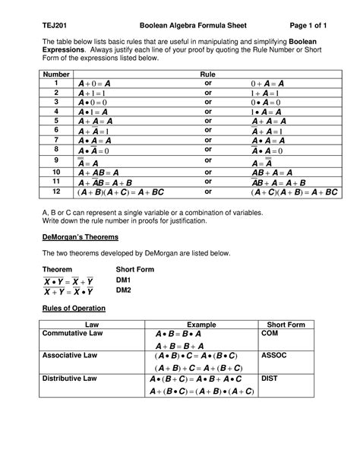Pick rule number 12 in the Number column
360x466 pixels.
coord(55,192)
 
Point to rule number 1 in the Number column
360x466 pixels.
coord(55,84)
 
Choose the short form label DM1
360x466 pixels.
coord(122,281)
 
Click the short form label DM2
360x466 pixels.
coord(122,290)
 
